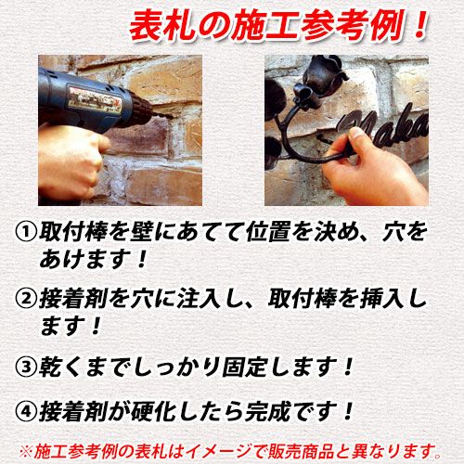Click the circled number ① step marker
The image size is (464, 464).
click(x=26, y=232)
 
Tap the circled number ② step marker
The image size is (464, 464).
click(x=26, y=299)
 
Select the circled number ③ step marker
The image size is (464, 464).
click(x=26, y=367)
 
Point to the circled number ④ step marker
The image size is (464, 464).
click(x=26, y=412)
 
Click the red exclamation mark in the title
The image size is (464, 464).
click(x=419, y=25)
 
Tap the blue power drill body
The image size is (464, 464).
click(x=90, y=99)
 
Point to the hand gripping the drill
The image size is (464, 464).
click(x=71, y=160)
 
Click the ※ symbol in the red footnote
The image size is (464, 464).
click(x=26, y=452)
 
